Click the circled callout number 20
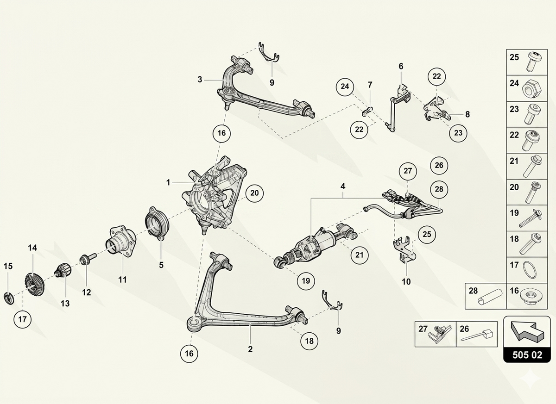pyautogui.click(x=254, y=193)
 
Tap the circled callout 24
pyautogui.click(x=345, y=87)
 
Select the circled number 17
pyautogui.click(x=22, y=319)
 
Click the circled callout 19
pyautogui.click(x=306, y=281)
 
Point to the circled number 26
pyautogui.click(x=439, y=165)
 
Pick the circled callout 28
pyautogui.click(x=439, y=189)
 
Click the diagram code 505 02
pyautogui.click(x=527, y=355)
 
